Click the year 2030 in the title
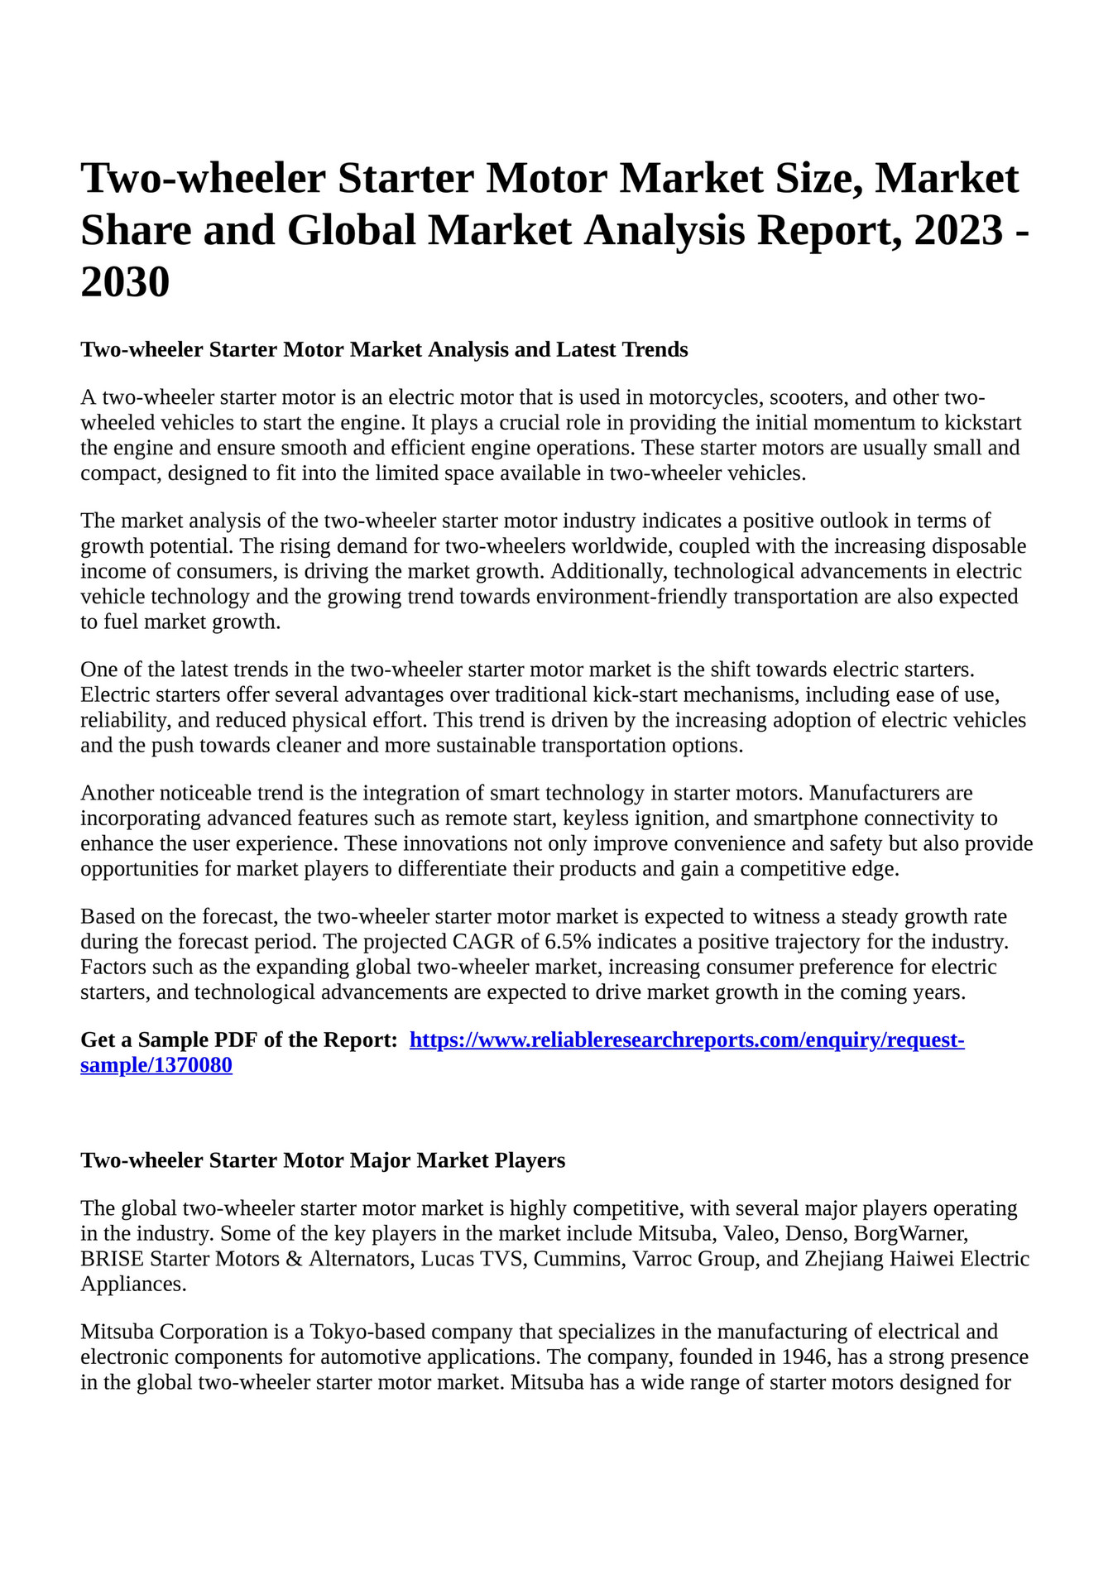point(125,281)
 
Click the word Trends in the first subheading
point(655,349)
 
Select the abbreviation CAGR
point(484,942)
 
